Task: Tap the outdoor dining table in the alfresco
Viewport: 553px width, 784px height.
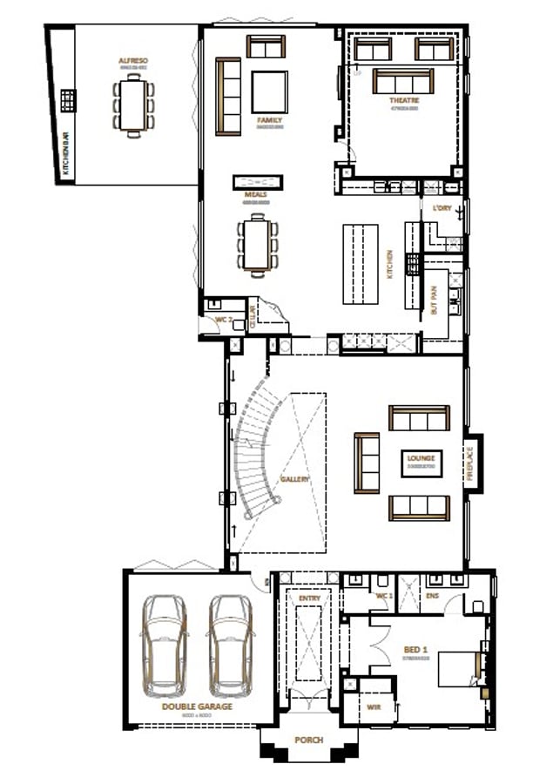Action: (x=133, y=104)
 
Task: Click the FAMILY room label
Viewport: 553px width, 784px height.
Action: (x=268, y=120)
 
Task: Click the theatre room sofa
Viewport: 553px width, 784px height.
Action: (x=403, y=81)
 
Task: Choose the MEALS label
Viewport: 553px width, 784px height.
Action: (x=257, y=196)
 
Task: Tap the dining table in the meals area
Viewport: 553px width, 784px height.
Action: (x=258, y=246)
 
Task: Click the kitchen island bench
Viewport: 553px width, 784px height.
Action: (x=361, y=263)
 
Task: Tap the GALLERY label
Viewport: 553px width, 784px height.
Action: (x=294, y=479)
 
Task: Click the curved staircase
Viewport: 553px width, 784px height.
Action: (x=253, y=453)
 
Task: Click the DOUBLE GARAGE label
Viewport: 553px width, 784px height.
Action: (x=197, y=706)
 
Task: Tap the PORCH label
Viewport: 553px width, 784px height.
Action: (x=308, y=740)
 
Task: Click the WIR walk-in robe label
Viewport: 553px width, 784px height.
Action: (x=374, y=707)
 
